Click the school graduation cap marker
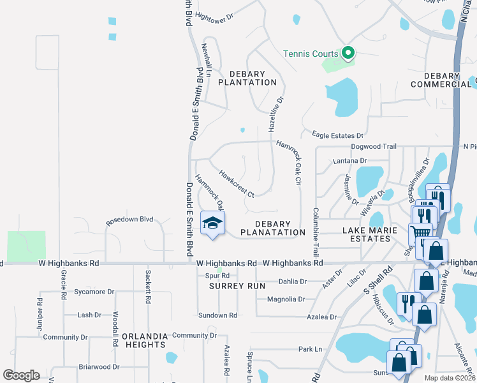(x=213, y=223)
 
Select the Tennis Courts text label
(x=311, y=54)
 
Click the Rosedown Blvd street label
(x=130, y=219)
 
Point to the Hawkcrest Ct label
(x=237, y=183)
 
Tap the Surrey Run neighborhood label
(x=237, y=286)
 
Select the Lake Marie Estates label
(x=374, y=234)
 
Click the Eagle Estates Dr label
(x=337, y=135)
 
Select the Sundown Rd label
(x=217, y=315)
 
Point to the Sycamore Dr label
(x=93, y=292)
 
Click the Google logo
(x=21, y=375)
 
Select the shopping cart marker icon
(x=422, y=233)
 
